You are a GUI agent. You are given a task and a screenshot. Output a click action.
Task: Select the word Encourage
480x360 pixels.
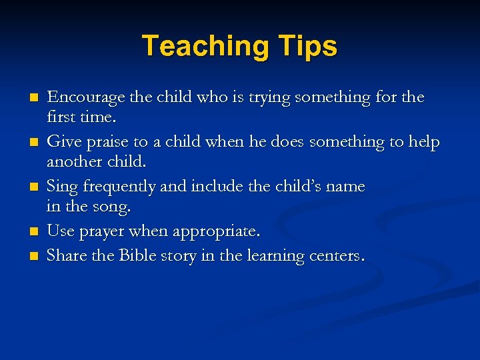point(86,98)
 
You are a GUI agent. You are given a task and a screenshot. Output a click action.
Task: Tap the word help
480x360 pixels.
point(424,143)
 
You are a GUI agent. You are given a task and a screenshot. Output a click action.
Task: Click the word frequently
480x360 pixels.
point(115,187)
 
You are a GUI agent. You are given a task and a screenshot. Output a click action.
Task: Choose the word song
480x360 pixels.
point(113,207)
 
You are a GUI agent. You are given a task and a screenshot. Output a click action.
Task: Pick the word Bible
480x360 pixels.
point(139,255)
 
